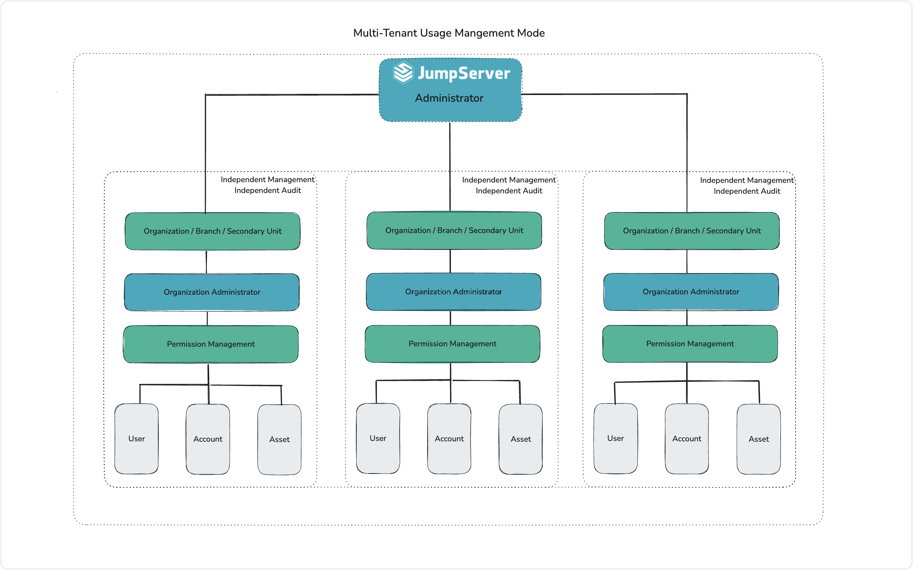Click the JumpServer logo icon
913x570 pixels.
click(x=403, y=73)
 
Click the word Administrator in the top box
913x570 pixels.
click(x=449, y=98)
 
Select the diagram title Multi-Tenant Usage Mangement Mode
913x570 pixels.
click(x=449, y=33)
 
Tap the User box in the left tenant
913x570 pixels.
click(x=137, y=439)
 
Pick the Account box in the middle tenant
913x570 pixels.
click(x=449, y=439)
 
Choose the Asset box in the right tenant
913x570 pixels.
click(x=759, y=439)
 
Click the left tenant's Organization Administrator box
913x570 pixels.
click(x=212, y=292)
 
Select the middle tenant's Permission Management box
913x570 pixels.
click(x=452, y=344)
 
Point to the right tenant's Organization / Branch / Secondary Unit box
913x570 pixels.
click(x=692, y=231)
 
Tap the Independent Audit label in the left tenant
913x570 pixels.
click(x=268, y=190)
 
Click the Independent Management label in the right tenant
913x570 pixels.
click(x=747, y=180)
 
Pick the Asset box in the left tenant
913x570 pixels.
click(x=280, y=439)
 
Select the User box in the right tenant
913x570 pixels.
click(x=616, y=438)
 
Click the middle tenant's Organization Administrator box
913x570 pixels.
click(x=454, y=292)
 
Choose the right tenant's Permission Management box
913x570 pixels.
click(x=690, y=344)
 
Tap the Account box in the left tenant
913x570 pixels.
click(x=208, y=439)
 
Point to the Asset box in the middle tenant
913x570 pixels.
click(x=521, y=439)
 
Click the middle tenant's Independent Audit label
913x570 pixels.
click(x=509, y=191)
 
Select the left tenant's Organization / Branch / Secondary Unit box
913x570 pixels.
click(x=213, y=231)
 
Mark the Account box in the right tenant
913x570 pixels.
click(x=687, y=439)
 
